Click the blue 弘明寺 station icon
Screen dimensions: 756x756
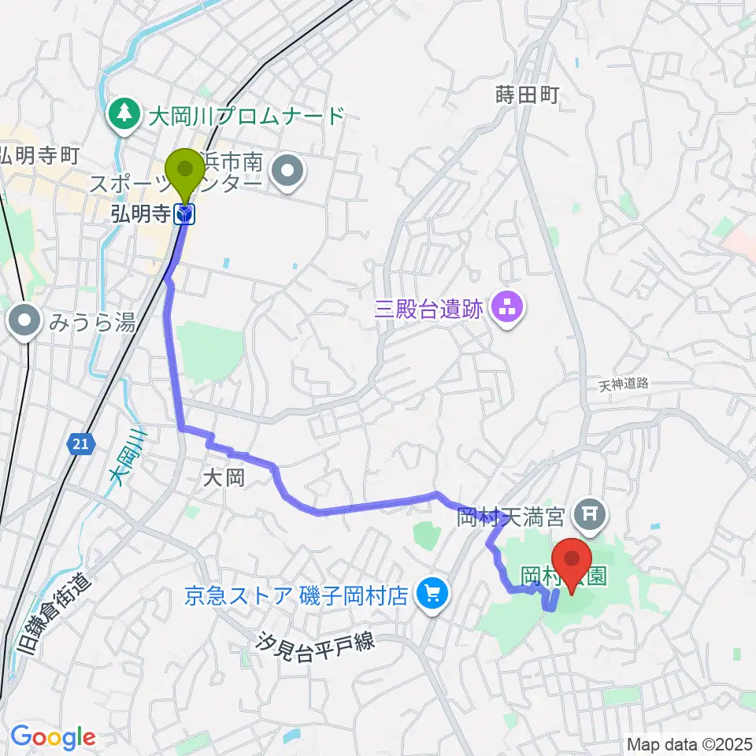[186, 213]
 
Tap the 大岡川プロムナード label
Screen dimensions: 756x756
[246, 117]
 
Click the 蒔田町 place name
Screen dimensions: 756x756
[527, 95]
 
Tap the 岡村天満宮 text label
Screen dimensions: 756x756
[511, 517]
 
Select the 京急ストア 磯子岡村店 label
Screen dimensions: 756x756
[295, 594]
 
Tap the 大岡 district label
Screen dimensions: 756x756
[224, 478]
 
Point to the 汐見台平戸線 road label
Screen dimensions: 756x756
[314, 642]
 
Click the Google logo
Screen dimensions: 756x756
[52, 737]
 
